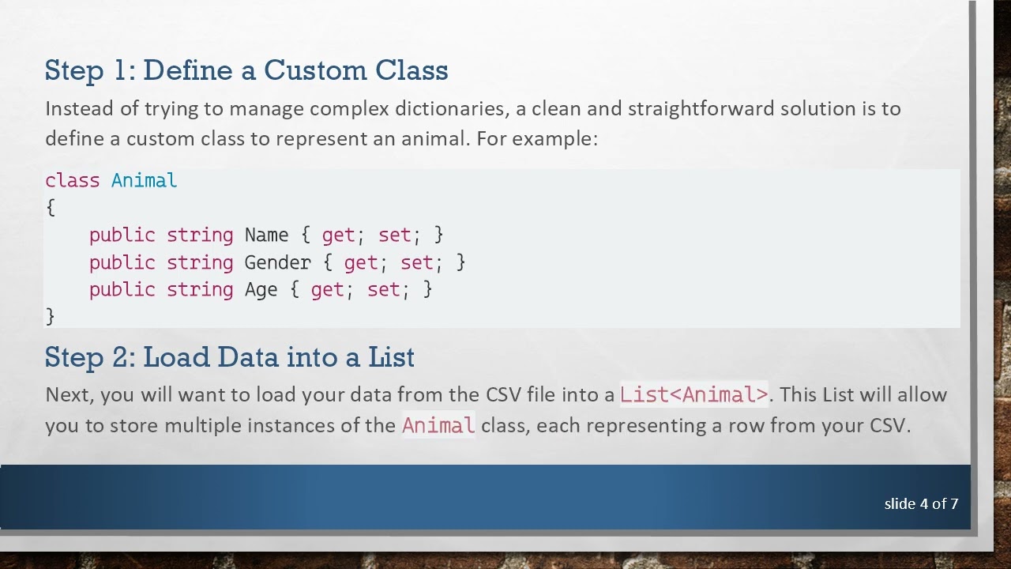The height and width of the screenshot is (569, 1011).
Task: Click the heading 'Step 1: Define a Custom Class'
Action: click(x=246, y=70)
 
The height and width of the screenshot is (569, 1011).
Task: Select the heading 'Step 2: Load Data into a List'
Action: click(x=229, y=357)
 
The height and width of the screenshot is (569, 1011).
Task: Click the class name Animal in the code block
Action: click(x=144, y=180)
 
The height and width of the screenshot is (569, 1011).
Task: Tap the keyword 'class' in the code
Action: click(x=73, y=180)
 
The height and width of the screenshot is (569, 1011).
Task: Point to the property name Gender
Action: click(x=277, y=262)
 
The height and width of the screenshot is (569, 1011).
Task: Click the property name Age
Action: click(x=261, y=290)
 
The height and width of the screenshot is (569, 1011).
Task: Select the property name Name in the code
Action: click(x=266, y=235)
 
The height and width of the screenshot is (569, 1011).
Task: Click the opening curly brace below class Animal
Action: click(x=51, y=208)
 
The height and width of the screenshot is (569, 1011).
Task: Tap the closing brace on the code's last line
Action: click(x=51, y=316)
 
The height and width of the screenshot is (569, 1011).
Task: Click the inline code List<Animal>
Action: click(x=693, y=394)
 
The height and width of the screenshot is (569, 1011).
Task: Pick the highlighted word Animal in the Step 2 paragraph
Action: click(x=438, y=425)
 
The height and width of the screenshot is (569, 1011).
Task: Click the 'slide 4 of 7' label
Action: click(x=921, y=503)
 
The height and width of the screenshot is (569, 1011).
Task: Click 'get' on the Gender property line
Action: click(x=360, y=262)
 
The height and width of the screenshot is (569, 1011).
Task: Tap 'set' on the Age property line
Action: click(x=384, y=290)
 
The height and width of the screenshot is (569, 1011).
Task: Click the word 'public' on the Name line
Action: click(x=122, y=235)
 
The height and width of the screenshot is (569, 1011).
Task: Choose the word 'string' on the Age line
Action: click(x=200, y=290)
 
